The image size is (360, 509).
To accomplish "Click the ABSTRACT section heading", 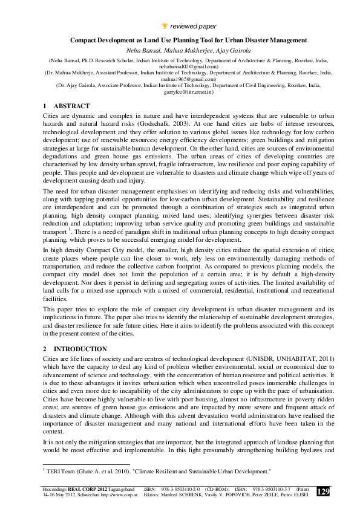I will [71, 106].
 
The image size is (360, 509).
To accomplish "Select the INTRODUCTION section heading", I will [80, 349].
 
